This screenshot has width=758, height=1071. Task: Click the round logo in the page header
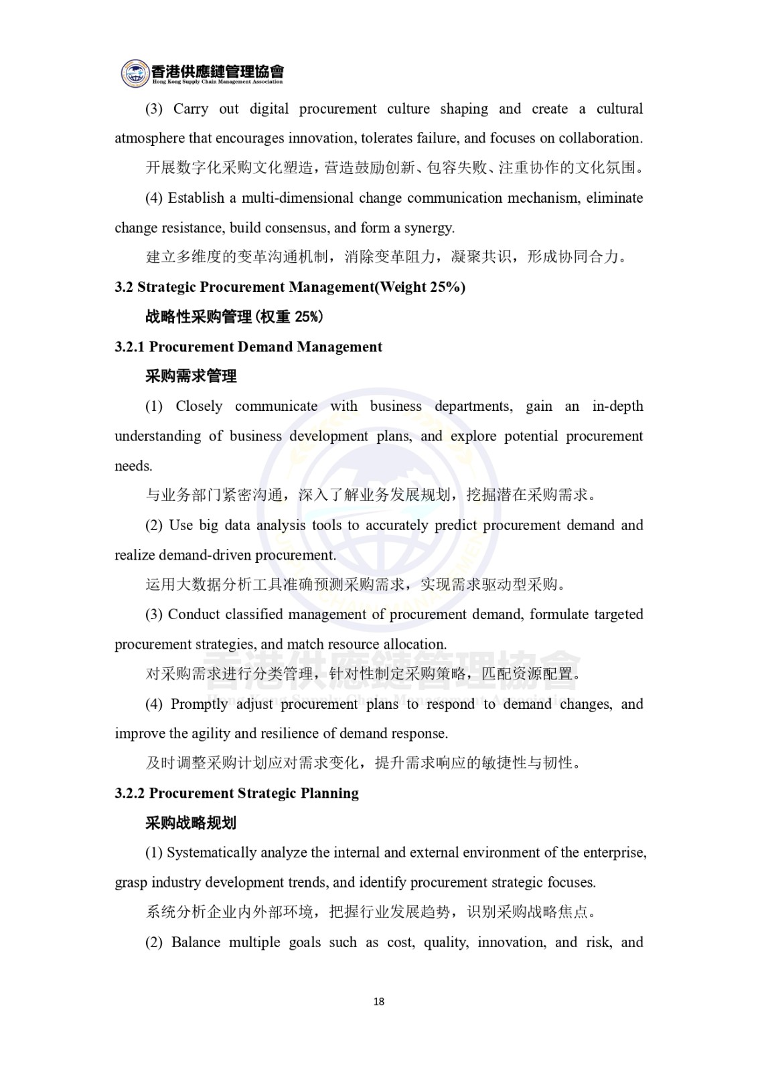(135, 73)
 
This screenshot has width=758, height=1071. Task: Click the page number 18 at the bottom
(378, 1001)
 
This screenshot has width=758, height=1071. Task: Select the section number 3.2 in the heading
(124, 287)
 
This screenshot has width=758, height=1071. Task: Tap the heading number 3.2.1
(130, 347)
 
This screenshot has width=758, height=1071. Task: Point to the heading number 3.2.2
(130, 793)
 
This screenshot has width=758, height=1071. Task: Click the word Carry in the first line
(191, 109)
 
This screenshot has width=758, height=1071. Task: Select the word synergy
(431, 228)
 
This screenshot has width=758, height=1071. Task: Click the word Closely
(199, 406)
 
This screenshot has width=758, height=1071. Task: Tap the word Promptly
(200, 704)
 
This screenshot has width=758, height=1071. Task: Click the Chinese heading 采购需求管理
(191, 376)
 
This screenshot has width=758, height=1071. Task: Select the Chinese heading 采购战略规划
(191, 823)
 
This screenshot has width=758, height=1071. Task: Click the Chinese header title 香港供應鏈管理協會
(218, 70)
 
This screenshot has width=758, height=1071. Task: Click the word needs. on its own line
(133, 466)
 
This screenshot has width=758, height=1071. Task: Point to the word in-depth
(617, 406)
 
